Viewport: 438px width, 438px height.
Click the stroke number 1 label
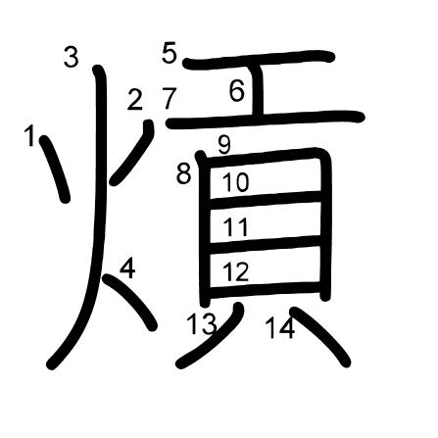click(x=29, y=136)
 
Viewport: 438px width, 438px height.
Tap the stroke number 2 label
click(x=135, y=100)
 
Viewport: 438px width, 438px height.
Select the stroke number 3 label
click(x=72, y=57)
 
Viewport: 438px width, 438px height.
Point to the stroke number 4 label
click(x=127, y=268)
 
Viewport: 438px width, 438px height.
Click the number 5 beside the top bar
click(x=170, y=53)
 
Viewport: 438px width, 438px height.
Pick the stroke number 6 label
click(x=237, y=90)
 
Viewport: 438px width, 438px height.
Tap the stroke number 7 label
click(x=170, y=98)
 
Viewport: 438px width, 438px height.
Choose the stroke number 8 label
click(x=183, y=173)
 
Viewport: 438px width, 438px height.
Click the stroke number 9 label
click(x=224, y=144)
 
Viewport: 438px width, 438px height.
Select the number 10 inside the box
click(x=236, y=182)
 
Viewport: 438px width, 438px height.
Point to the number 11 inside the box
click(x=235, y=227)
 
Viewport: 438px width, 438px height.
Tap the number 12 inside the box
click(x=236, y=271)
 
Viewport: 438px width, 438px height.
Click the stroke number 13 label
click(x=202, y=324)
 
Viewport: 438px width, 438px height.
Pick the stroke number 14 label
click(x=280, y=328)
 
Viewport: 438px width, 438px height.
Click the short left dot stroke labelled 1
click(x=55, y=169)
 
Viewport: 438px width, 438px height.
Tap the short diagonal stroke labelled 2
click(x=132, y=153)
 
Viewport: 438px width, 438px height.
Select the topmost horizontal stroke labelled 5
click(x=259, y=59)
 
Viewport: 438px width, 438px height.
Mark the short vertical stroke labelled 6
click(x=258, y=90)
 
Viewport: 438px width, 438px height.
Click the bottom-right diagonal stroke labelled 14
click(x=320, y=336)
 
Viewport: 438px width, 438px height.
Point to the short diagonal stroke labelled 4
click(x=130, y=302)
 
